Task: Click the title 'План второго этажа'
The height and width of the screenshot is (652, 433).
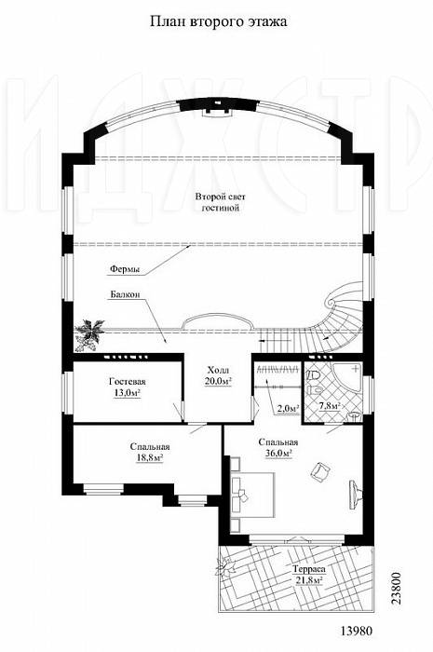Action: (218, 21)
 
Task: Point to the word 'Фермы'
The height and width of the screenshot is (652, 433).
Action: (125, 269)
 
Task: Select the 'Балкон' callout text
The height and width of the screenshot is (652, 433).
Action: (125, 294)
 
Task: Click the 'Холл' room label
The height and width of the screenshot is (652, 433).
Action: (218, 370)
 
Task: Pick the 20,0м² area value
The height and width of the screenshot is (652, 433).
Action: (218, 380)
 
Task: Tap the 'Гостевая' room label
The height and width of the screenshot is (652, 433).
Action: (128, 381)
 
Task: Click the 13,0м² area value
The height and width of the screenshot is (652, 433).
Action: (128, 392)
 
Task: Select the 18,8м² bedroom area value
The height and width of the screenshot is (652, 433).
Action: (150, 457)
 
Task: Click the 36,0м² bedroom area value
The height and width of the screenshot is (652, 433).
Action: (278, 453)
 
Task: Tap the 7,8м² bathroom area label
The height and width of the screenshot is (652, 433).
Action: (330, 406)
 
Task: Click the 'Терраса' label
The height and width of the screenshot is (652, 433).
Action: (308, 569)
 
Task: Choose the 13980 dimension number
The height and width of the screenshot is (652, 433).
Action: (357, 631)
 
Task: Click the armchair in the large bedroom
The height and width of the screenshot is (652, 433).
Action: (320, 472)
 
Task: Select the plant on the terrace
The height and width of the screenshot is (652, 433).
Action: (226, 566)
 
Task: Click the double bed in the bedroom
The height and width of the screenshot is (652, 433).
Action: (253, 495)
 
